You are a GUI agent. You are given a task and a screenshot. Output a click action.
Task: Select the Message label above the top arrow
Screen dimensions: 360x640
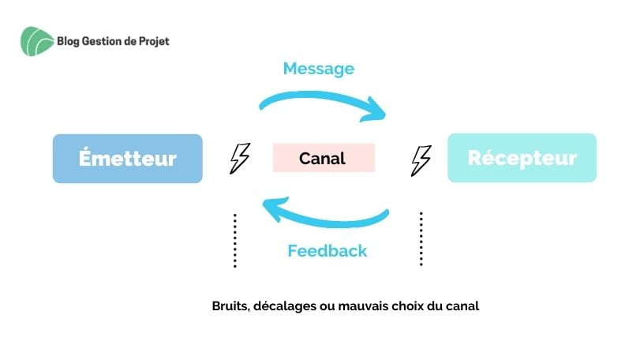pos(318,69)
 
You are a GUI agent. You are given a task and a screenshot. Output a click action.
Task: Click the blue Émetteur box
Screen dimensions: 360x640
pos(127,159)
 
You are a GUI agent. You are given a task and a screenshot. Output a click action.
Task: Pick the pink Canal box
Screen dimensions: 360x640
pos(323,158)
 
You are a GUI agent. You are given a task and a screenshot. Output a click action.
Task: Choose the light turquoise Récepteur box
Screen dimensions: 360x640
pos(522,158)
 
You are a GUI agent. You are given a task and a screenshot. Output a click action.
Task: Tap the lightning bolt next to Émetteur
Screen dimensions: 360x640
pos(239,158)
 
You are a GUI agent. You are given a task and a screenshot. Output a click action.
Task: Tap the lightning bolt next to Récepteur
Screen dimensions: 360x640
pos(421,159)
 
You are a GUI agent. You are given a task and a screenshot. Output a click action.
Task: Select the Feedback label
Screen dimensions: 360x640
pos(327,251)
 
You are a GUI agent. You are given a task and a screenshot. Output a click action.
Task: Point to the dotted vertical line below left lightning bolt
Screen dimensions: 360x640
pos(235,240)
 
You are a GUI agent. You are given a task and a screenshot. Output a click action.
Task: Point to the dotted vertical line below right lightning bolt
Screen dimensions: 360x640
pos(421,238)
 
